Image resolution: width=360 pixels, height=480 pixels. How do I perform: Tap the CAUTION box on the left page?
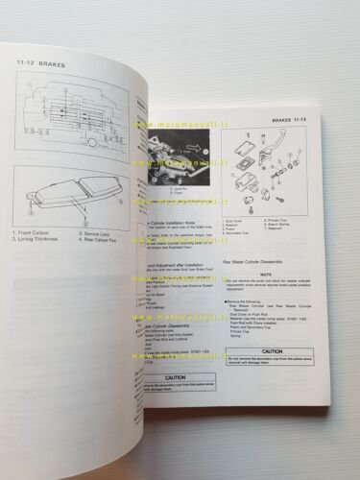pyautogui.click(x=174, y=378)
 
